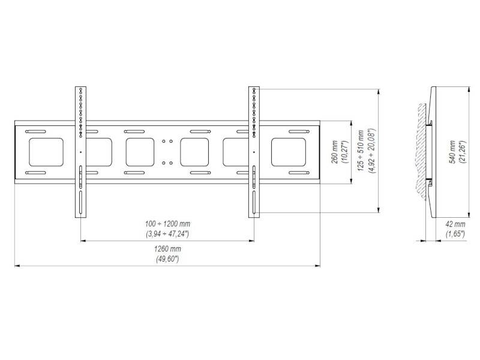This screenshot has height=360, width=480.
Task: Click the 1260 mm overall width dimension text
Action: pos(167,248)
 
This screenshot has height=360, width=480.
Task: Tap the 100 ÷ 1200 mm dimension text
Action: pos(167,224)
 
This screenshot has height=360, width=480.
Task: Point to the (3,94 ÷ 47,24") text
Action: pos(167,233)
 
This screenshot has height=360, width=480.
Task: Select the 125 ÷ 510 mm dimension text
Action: pos(360,151)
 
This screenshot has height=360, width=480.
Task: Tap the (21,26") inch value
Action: pos(461,152)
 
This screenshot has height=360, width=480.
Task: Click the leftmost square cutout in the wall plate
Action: pos(46,152)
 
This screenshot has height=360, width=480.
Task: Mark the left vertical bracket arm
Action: pos(79,152)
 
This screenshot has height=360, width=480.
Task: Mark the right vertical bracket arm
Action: pos(254,152)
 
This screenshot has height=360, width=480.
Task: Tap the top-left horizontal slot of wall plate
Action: pos(35,131)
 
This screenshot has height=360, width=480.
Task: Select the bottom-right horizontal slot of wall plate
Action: pos(298,173)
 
